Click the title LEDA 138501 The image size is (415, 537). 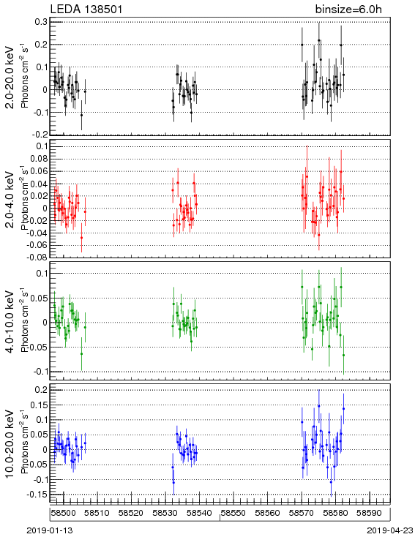86,9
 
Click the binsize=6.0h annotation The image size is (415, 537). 348,10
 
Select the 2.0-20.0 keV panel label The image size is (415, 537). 10,77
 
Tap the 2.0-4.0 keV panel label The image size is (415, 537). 10,200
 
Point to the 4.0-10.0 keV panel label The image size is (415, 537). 10,322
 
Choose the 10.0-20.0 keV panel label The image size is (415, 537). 10,443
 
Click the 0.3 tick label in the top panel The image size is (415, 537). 41,21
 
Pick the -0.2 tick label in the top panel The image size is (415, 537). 40,135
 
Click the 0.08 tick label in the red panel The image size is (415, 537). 38,159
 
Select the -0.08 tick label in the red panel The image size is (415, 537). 37,257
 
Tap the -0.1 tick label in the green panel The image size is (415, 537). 40,372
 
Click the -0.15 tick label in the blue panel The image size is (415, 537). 38,494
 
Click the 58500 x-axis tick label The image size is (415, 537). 64,513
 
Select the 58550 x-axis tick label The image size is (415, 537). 233,513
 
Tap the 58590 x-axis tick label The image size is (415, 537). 370,513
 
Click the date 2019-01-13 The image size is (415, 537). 50,530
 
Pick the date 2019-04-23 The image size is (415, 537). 390,530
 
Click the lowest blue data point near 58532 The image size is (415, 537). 173,482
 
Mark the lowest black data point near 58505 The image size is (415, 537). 81,115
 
